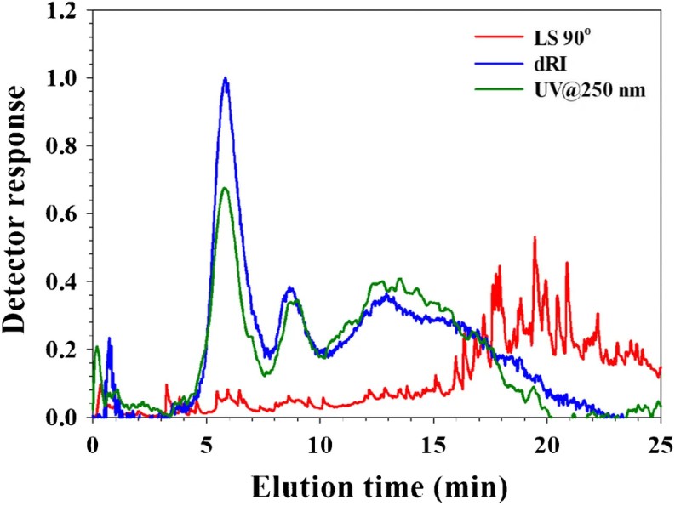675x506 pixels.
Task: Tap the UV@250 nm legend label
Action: pos(592,88)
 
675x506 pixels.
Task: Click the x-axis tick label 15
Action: pos(433,442)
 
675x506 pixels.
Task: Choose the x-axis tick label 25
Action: pos(660,442)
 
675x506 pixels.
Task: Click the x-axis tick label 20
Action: pos(546,442)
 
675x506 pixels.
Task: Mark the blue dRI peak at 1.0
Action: pos(226,78)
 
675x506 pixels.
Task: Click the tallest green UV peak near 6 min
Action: pos(225,188)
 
